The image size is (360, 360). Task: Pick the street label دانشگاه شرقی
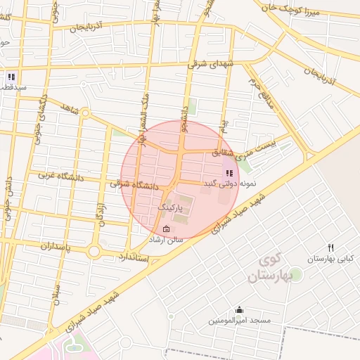pos(140,185)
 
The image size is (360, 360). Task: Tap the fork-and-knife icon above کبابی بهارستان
pos(330,247)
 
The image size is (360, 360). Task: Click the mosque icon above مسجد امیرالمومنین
pos(240,309)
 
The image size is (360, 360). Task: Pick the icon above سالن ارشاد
pos(166,229)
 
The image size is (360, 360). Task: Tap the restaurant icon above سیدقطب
pos(11,77)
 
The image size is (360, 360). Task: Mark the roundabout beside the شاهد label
pos(85,112)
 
